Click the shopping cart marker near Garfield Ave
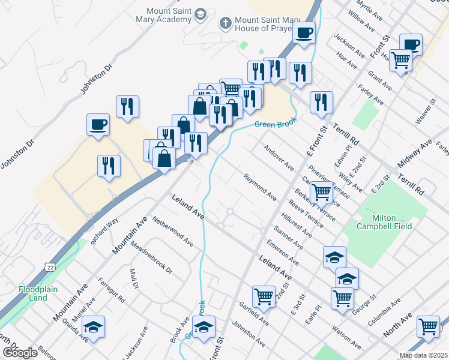pyautogui.click(x=264, y=295)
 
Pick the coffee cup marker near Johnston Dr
pyautogui.click(x=98, y=124)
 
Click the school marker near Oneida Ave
pyautogui.click(x=93, y=326)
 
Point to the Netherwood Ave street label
pyautogui.click(x=172, y=232)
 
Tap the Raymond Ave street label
pyautogui.click(x=260, y=187)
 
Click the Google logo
pyautogui.click(x=20, y=353)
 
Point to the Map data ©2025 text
pyautogui.click(x=423, y=355)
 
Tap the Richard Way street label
pyautogui.click(x=104, y=232)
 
